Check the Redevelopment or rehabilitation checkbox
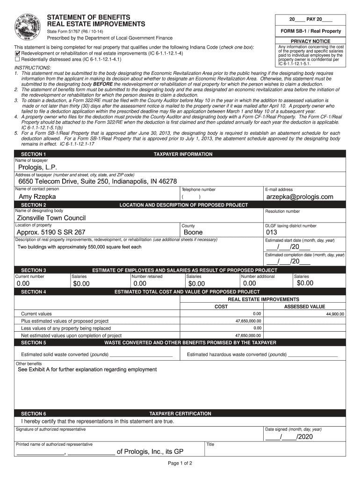click(x=17, y=53)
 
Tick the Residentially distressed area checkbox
click(x=17, y=59)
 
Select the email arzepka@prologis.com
click(x=300, y=197)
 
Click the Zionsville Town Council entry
click(x=51, y=218)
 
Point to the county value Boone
click(x=193, y=232)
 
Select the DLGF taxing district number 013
click(x=272, y=232)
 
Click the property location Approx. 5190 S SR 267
click(x=51, y=232)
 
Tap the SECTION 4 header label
click(x=33, y=292)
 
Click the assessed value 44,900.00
click(x=335, y=314)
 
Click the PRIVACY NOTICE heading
click(x=310, y=41)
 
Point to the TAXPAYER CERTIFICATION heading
click(x=180, y=414)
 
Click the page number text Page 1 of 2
click(x=180, y=464)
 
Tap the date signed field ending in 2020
click(x=288, y=437)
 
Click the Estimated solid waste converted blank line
click(x=141, y=355)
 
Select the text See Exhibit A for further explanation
click(x=87, y=370)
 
